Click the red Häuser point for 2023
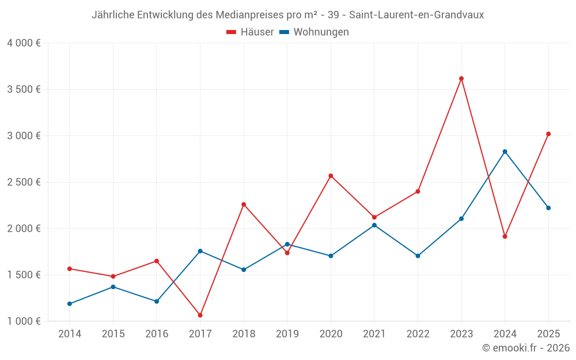pyautogui.click(x=461, y=78)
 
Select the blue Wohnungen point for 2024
pyautogui.click(x=505, y=151)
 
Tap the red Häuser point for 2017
pyautogui.click(x=200, y=315)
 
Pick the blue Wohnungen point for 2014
pyautogui.click(x=70, y=304)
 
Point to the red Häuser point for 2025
pyautogui.click(x=548, y=134)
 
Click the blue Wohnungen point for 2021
pyautogui.click(x=374, y=225)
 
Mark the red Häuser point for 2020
pyautogui.click(x=331, y=176)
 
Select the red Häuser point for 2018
pyautogui.click(x=244, y=204)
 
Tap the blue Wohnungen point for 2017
pyautogui.click(x=200, y=251)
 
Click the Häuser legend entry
pyautogui.click(x=250, y=32)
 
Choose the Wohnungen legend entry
pyautogui.click(x=314, y=32)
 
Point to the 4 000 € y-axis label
pyautogui.click(x=24, y=43)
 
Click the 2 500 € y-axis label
pyautogui.click(x=24, y=182)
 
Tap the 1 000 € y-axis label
pyautogui.click(x=24, y=321)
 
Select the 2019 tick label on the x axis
pyautogui.click(x=287, y=334)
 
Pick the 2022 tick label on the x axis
pyautogui.click(x=418, y=334)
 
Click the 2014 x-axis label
pyautogui.click(x=70, y=334)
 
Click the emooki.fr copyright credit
pyautogui.click(x=526, y=348)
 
